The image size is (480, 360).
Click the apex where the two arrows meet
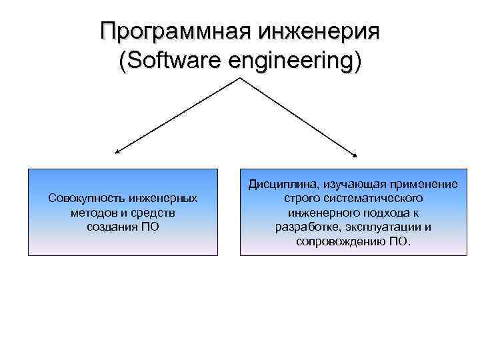coord(239,79)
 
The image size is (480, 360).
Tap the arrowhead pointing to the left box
coord(118,153)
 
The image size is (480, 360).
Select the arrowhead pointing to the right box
coord(355,155)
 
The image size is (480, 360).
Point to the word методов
coord(91,212)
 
